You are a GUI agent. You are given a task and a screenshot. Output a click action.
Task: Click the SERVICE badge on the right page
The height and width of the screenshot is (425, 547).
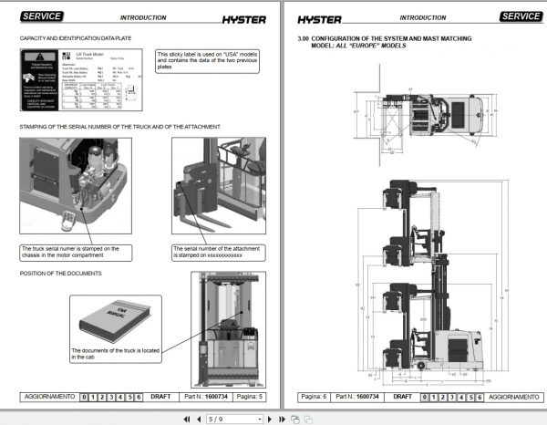521,16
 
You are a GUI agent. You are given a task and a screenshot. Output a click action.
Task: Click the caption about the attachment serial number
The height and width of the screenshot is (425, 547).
215,252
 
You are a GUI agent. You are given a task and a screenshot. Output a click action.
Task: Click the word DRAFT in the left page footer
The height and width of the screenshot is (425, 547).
160,397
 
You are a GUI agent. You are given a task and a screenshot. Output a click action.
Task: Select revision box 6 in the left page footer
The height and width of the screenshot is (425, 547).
139,397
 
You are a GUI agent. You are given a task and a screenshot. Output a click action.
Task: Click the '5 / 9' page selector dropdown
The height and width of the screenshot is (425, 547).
234,419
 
